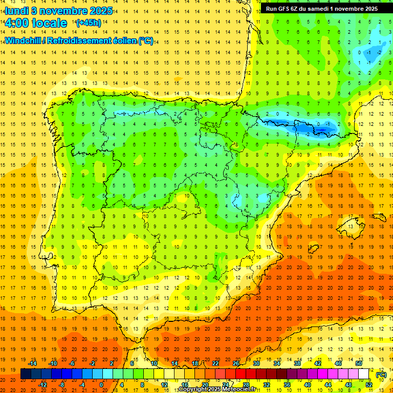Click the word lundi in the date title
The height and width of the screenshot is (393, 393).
point(16,11)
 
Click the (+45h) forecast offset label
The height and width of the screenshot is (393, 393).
point(88,23)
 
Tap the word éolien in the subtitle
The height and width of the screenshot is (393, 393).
point(125,40)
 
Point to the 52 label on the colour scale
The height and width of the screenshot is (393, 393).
point(369,385)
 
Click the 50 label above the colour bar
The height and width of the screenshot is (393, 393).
point(358,363)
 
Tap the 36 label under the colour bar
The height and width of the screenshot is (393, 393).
point(287,385)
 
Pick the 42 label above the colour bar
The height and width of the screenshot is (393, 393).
point(317,363)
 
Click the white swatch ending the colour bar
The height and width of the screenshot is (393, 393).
point(364,374)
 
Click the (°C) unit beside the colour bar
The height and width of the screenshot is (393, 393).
point(381,375)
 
